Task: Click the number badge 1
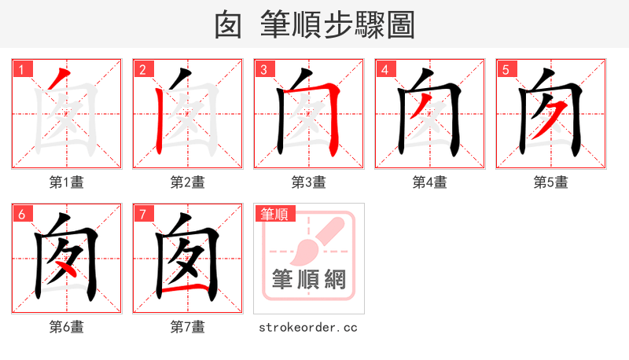(x=21, y=70)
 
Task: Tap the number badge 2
(x=142, y=70)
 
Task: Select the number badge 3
(x=263, y=70)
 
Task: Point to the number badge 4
(x=384, y=70)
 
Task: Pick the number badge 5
(x=506, y=70)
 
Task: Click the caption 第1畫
(x=67, y=182)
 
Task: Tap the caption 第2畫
(x=188, y=182)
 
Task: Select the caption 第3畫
(x=309, y=182)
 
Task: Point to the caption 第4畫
(x=430, y=182)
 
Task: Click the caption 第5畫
(x=551, y=182)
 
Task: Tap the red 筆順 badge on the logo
(x=274, y=214)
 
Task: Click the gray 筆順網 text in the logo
(x=309, y=280)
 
